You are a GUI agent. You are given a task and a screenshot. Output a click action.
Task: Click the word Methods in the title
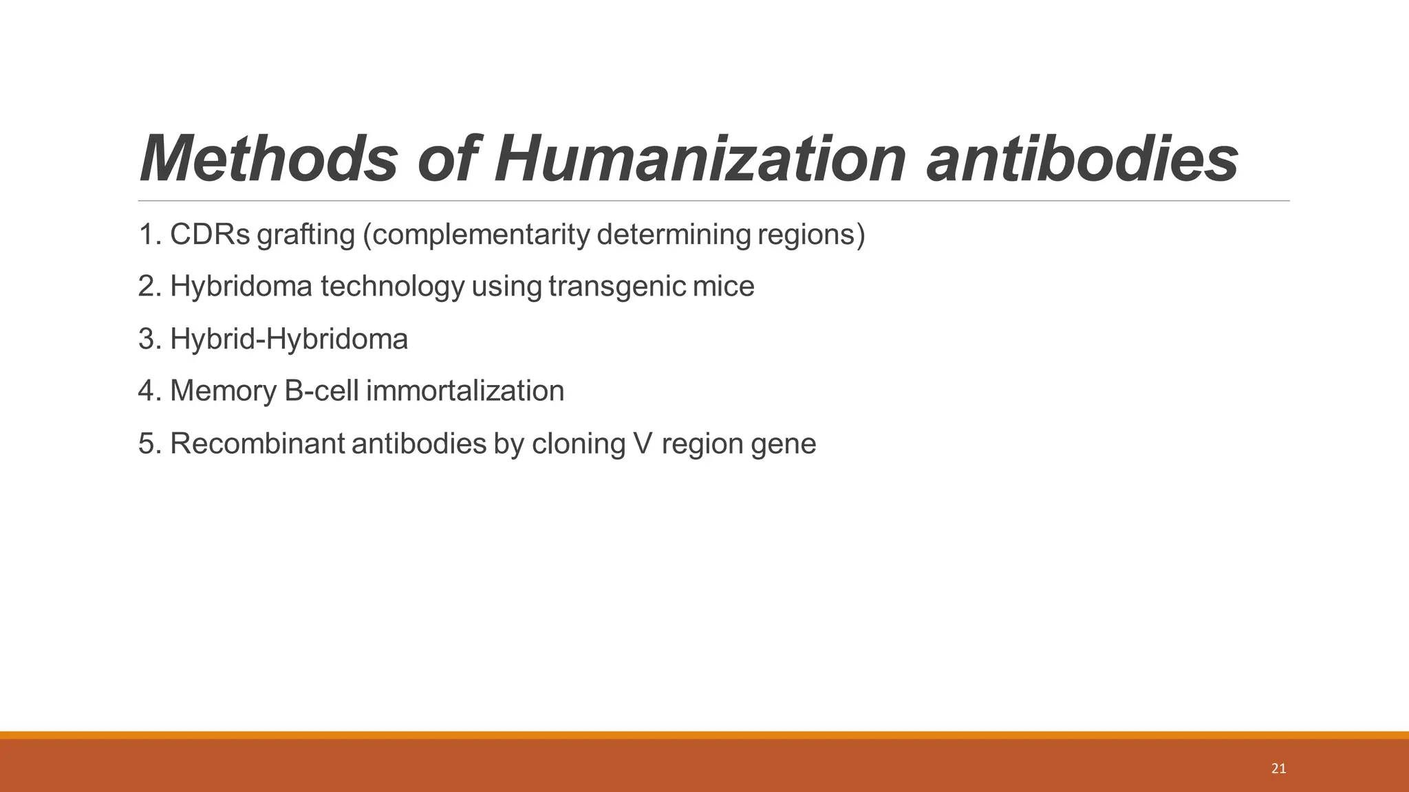tap(268, 159)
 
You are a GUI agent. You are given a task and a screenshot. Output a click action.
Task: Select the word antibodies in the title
tap(1082, 159)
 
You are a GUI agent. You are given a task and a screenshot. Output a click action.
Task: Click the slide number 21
tap(1278, 769)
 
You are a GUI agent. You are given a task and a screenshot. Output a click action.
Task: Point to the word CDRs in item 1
tap(210, 234)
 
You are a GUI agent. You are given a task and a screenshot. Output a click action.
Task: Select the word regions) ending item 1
tap(811, 235)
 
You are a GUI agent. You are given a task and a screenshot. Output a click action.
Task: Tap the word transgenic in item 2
tap(617, 287)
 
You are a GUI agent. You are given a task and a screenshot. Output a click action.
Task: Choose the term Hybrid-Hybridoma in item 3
tap(289, 339)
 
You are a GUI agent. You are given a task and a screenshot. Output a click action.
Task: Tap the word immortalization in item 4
tap(465, 391)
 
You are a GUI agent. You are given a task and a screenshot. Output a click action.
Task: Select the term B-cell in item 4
tap(321, 391)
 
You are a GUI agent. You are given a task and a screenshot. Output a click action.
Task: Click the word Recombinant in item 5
tap(257, 443)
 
